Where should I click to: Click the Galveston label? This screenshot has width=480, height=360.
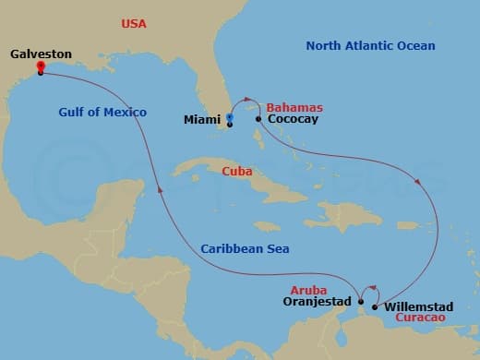pyautogui.click(x=41, y=54)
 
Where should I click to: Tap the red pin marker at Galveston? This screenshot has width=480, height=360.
pyautogui.click(x=41, y=66)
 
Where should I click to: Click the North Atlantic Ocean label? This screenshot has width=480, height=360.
pyautogui.click(x=370, y=45)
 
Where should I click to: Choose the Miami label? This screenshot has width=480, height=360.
pyautogui.click(x=201, y=119)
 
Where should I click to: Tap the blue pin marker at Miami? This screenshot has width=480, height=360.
pyautogui.click(x=229, y=118)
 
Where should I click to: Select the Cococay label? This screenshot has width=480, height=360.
pyautogui.click(x=293, y=119)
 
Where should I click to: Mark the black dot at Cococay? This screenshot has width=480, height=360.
pyautogui.click(x=258, y=119)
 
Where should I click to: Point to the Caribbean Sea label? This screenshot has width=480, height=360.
pyautogui.click(x=244, y=248)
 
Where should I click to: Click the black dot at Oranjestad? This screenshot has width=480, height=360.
pyautogui.click(x=361, y=300)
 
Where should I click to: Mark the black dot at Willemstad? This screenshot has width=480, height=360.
pyautogui.click(x=374, y=306)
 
